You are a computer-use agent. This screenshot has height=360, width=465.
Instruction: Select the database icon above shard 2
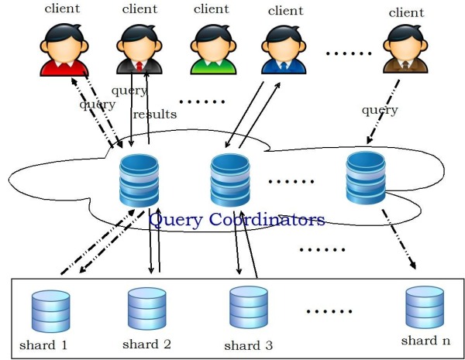pyautogui.click(x=146, y=308)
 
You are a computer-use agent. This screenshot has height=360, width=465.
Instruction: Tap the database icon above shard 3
pyautogui.click(x=248, y=307)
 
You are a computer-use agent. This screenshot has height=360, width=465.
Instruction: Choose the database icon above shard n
pyautogui.click(x=423, y=307)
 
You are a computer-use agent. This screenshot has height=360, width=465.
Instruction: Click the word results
pyautogui.click(x=154, y=115)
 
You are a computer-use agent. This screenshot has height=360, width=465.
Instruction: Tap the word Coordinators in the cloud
pyautogui.click(x=267, y=220)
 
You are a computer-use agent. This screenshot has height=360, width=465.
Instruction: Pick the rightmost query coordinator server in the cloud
pyautogui.click(x=366, y=179)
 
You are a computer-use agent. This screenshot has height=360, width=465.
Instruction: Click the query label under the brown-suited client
pyautogui.click(x=380, y=111)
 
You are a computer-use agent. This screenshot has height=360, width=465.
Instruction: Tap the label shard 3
pyautogui.click(x=248, y=345)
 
